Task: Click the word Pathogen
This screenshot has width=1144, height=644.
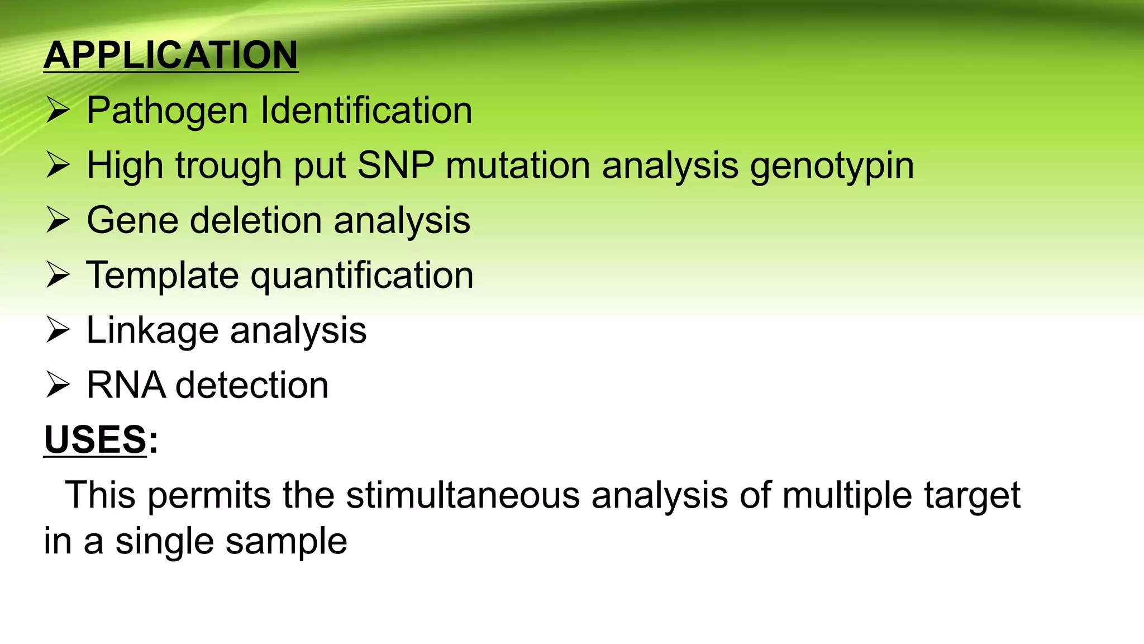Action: click(x=167, y=110)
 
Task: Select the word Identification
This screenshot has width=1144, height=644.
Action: click(x=366, y=110)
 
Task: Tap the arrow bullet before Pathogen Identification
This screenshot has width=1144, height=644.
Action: click(x=58, y=110)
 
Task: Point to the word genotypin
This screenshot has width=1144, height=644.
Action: click(x=831, y=166)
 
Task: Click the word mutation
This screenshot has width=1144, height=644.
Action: click(x=517, y=165)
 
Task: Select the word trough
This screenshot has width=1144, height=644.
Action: click(x=228, y=166)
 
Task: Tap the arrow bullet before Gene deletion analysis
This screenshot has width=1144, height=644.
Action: click(x=58, y=220)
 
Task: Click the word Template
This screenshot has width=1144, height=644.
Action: click(x=162, y=275)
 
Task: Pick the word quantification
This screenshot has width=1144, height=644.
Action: click(x=362, y=275)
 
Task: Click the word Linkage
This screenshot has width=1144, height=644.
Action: click(x=152, y=330)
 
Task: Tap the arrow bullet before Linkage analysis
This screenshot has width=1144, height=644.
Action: click(x=58, y=330)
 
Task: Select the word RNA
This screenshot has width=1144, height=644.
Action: click(x=126, y=385)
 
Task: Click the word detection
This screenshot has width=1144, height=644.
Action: click(x=252, y=385)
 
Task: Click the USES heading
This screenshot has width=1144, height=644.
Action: click(x=95, y=439)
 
